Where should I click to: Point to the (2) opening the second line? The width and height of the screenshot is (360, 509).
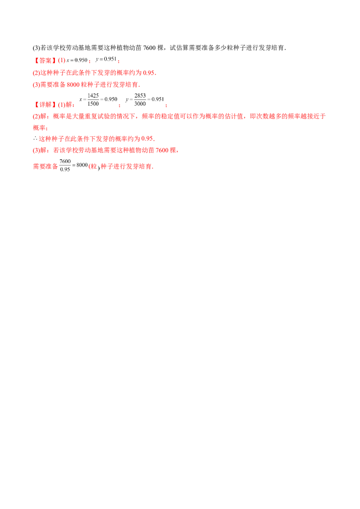click(x=36, y=73)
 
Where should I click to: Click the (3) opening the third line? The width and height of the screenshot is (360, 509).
click(x=36, y=85)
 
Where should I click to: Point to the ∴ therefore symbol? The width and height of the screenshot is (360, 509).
click(x=34, y=138)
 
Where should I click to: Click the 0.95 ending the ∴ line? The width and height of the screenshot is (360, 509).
click(x=150, y=138)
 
